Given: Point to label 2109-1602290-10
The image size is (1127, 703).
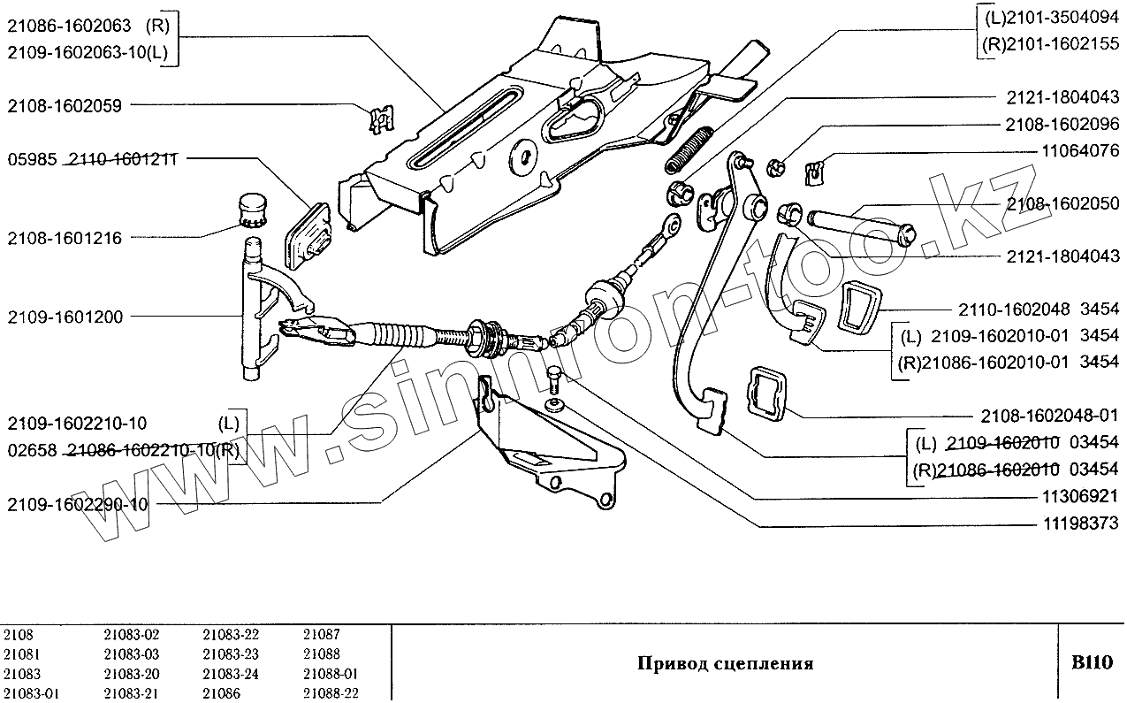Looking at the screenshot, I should point(76,505).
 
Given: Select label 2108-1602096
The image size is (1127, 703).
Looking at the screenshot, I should point(1062,125).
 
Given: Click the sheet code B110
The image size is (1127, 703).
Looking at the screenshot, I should point(1092,663).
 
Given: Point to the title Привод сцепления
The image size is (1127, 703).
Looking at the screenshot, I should point(725,663).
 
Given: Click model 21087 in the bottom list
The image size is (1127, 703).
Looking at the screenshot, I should point(321,634).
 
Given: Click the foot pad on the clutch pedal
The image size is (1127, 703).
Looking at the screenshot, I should point(712,411).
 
